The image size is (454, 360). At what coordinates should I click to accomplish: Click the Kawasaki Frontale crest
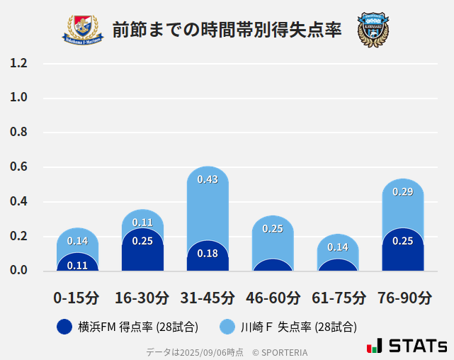pos(373,29)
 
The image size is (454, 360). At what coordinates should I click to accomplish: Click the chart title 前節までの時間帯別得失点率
pos(227,30)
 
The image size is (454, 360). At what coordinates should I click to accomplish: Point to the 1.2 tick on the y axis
pos(18,64)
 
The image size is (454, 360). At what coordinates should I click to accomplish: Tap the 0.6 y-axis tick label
pos(18,167)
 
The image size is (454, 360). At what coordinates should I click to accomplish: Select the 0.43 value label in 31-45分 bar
pos(208,180)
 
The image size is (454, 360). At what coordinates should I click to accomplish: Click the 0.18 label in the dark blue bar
pos(208,254)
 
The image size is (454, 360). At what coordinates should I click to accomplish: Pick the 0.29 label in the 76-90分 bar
pos(403,192)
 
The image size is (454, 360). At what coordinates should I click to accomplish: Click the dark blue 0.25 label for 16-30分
pos(142,241)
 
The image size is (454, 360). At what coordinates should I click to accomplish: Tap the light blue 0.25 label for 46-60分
pos(273,229)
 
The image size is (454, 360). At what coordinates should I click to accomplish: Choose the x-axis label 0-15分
pos(76,298)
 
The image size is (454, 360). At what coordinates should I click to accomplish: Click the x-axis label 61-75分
pos(339,298)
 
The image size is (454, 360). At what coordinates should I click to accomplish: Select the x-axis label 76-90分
pos(404,298)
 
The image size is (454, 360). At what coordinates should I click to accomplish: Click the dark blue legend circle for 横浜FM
pos(64,327)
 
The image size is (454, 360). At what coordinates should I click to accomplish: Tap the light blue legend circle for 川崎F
pos(227,327)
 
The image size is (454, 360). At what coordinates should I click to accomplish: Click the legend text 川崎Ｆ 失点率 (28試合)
pos(298,327)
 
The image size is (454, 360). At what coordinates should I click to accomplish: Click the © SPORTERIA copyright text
pos(280,351)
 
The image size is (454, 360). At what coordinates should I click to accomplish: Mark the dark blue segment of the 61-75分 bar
pos(338,265)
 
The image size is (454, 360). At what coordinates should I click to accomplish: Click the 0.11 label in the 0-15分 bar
pos(77,265)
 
